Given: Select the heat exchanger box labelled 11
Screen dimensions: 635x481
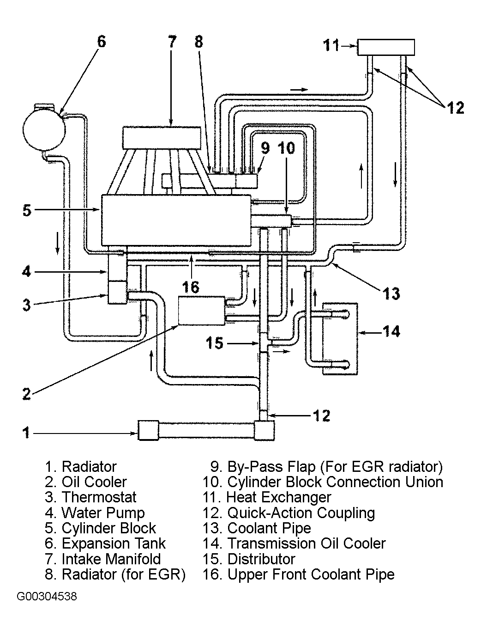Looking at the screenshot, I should (386, 47).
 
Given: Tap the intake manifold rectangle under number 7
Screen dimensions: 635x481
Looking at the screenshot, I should (162, 138).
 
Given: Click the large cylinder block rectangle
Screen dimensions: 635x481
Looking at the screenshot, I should (175, 220).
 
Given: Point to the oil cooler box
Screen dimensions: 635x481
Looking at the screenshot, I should (201, 311).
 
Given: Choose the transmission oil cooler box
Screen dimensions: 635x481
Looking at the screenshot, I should (340, 338).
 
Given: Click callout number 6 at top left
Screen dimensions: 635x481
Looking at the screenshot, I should (101, 42).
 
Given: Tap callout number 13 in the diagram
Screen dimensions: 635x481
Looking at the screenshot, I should (391, 293).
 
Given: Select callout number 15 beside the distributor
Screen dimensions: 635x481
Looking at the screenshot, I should (215, 343).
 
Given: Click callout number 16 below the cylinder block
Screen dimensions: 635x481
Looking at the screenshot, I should (190, 287).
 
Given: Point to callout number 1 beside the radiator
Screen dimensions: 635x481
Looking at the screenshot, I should (26, 433).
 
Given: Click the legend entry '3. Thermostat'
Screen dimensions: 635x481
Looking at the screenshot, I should (90, 497).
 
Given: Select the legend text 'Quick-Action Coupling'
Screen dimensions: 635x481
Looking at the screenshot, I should (301, 513).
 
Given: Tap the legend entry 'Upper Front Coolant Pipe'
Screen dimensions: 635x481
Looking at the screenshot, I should (311, 574).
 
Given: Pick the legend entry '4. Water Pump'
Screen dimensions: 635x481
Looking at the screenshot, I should (95, 513).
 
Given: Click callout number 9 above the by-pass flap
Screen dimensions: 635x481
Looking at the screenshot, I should (265, 148).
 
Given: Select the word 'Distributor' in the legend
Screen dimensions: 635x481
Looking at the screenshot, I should (261, 559).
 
